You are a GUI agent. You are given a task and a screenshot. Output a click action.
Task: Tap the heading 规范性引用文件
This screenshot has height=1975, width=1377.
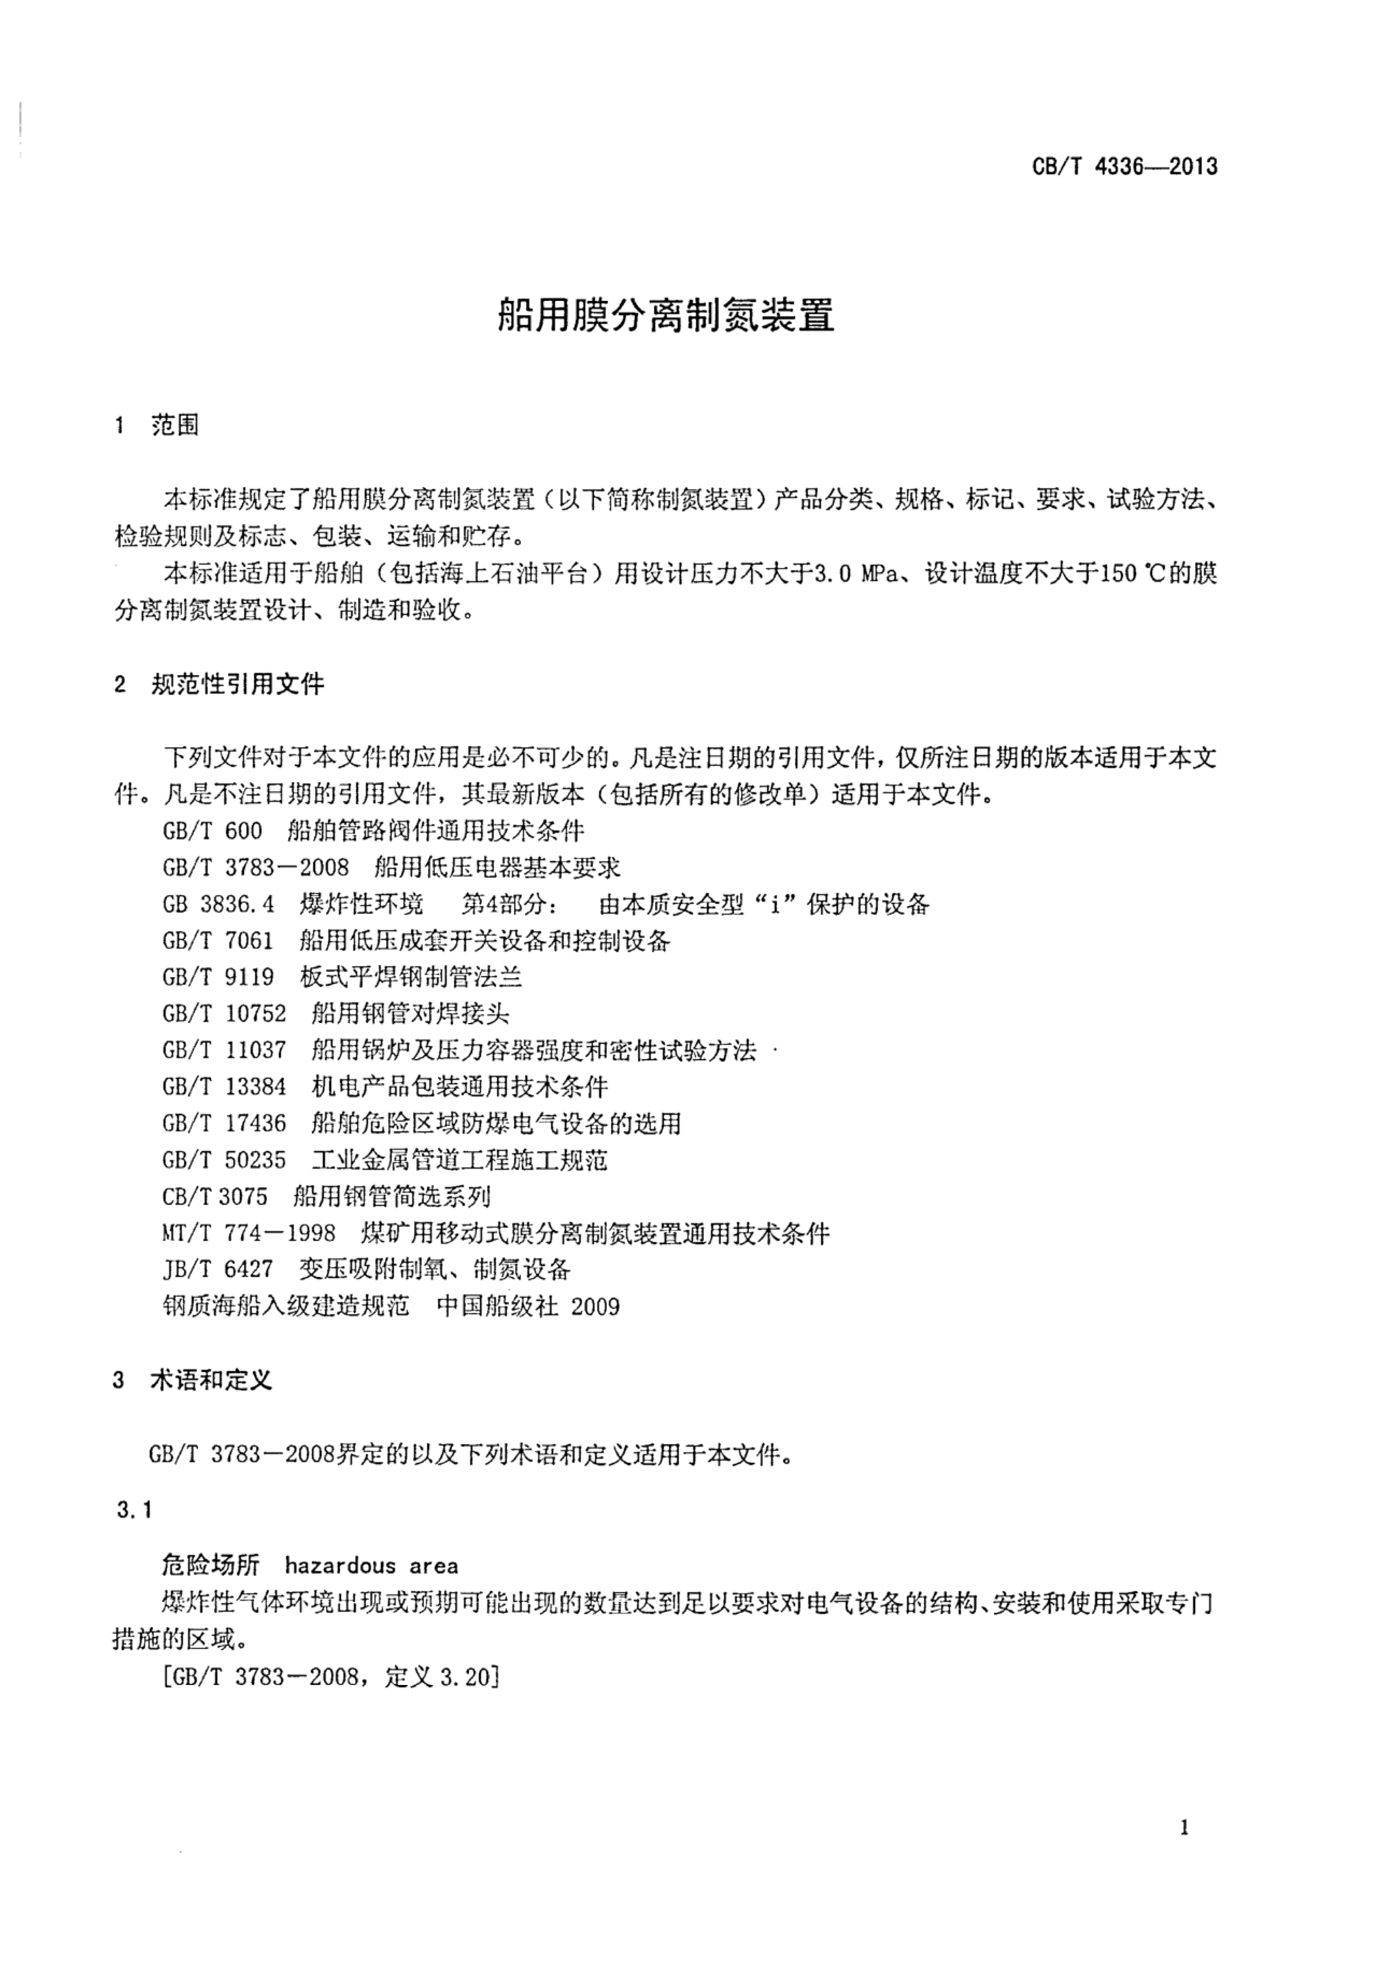tap(238, 685)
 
